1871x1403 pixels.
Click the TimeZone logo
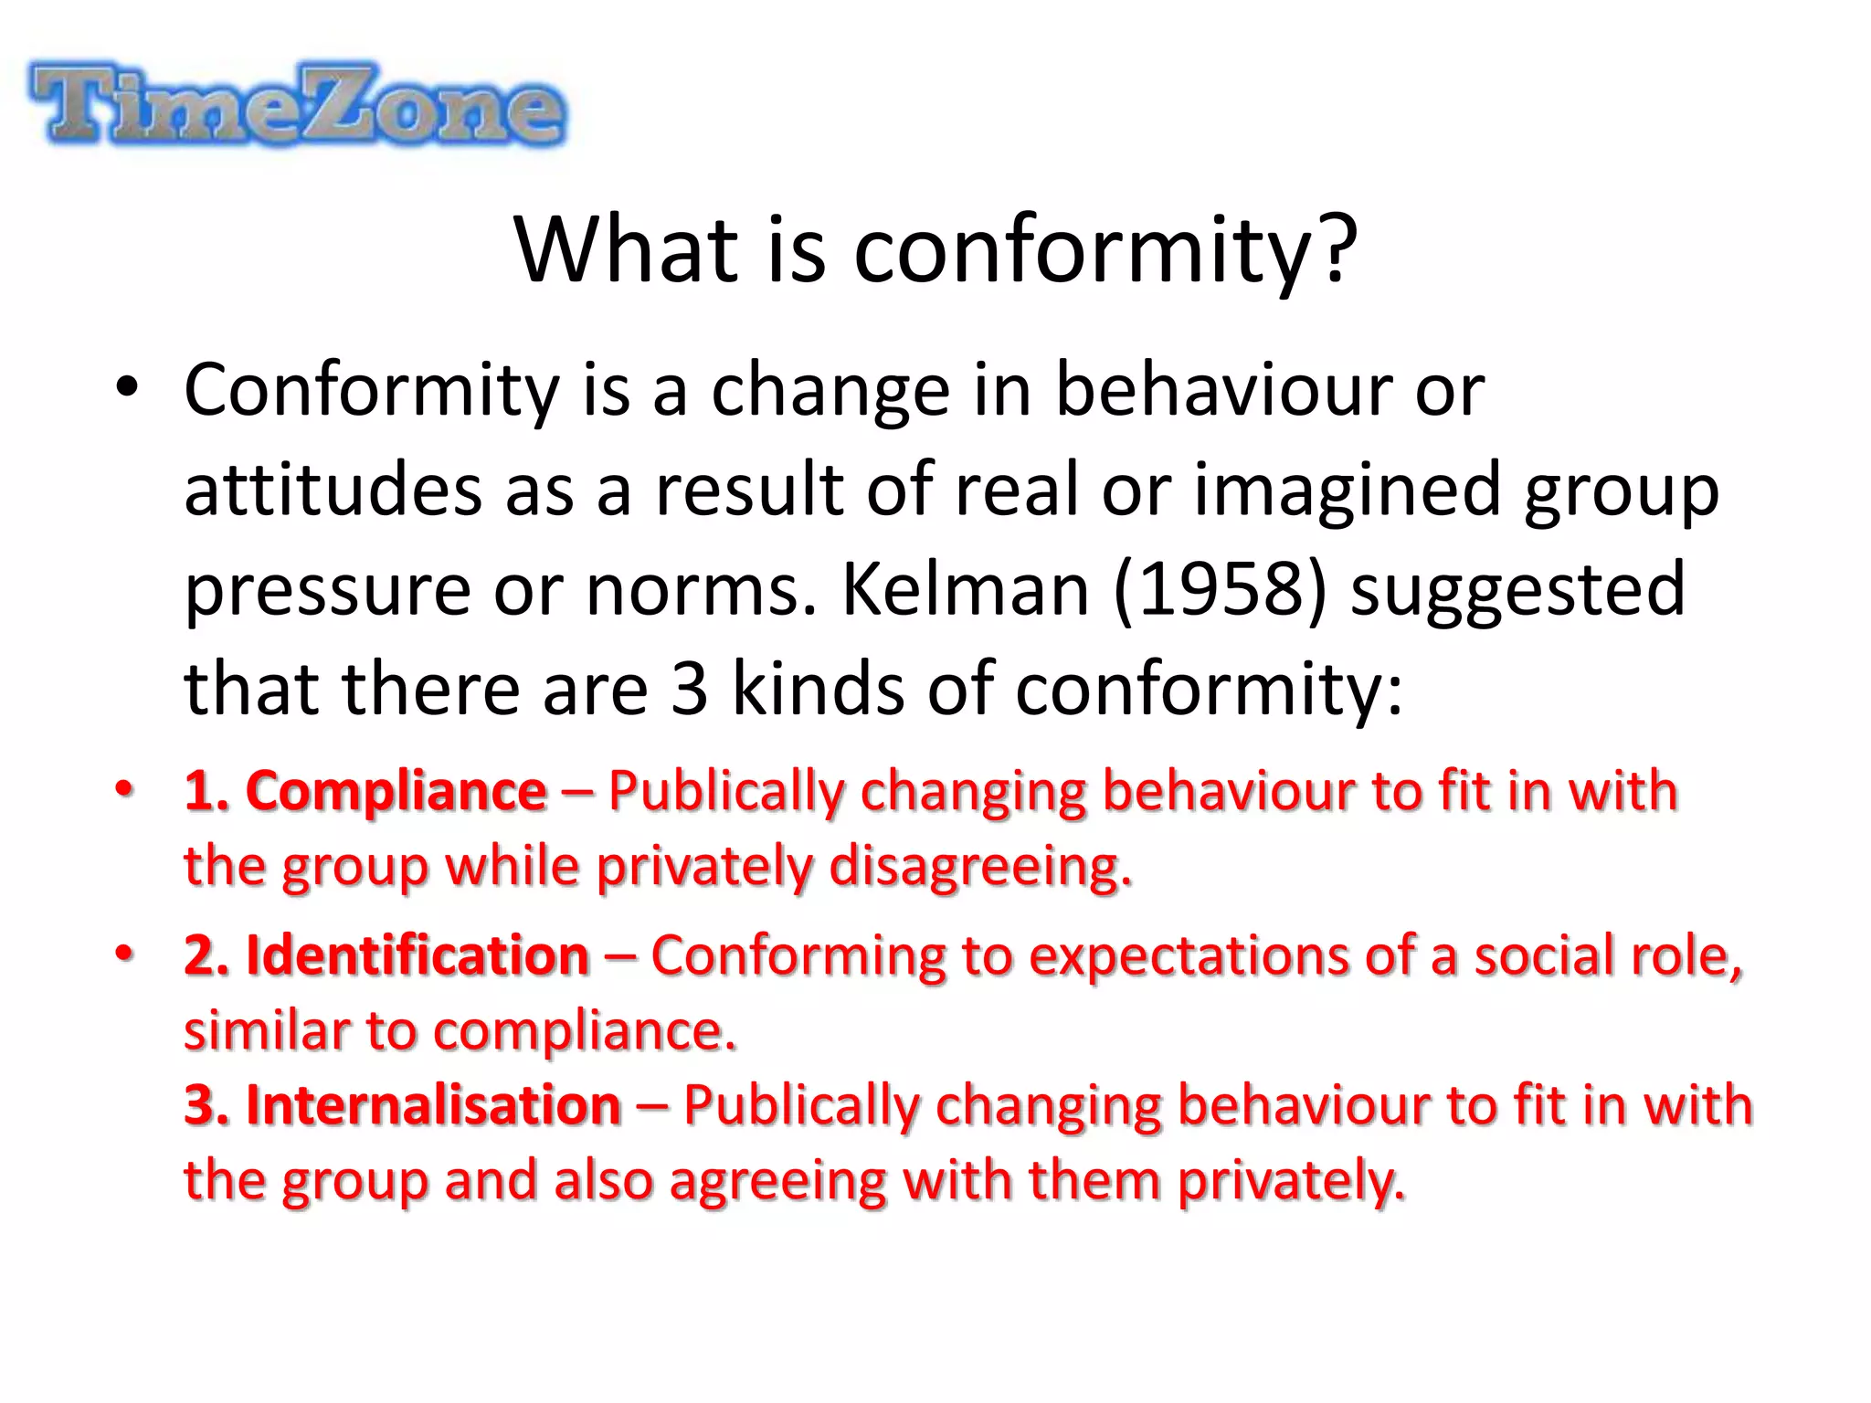click(298, 104)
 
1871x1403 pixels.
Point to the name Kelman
click(965, 589)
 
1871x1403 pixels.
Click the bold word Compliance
click(396, 790)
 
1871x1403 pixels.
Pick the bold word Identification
click(418, 956)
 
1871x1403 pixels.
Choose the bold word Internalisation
click(434, 1105)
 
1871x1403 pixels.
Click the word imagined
click(1348, 490)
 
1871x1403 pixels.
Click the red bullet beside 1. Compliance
click(124, 788)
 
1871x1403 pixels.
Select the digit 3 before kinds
click(690, 689)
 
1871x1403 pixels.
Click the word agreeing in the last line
click(778, 1180)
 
